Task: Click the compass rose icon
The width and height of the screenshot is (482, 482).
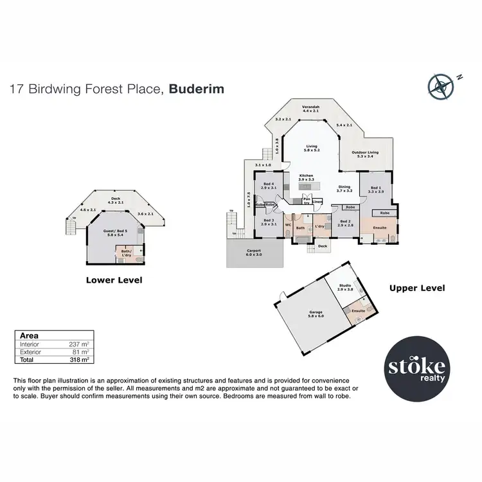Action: tap(440, 87)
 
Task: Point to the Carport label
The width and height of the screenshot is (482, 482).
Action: tap(254, 252)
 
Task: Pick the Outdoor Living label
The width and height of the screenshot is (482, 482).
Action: tap(364, 153)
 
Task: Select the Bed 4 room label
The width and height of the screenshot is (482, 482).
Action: tap(268, 184)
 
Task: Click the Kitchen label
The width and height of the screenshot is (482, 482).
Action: tap(307, 175)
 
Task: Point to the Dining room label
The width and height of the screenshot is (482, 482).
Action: tap(345, 188)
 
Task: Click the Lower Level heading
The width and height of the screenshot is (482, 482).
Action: tap(114, 280)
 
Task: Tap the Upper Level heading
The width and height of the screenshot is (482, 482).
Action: tap(417, 289)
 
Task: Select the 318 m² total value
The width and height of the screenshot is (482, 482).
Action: tap(80, 360)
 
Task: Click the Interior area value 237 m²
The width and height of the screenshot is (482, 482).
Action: tap(80, 344)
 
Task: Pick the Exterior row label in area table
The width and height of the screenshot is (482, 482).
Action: tap(30, 352)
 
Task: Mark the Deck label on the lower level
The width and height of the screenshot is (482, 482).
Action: tap(116, 199)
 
